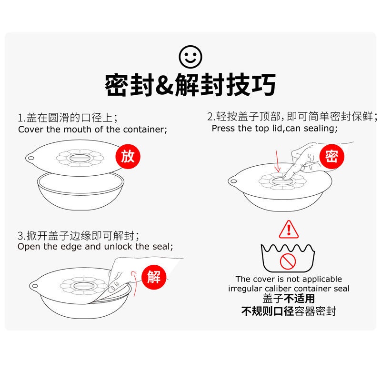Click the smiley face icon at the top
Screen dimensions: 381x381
point(190,57)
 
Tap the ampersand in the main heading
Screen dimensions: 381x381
point(164,85)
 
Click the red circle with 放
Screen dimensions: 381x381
point(128,156)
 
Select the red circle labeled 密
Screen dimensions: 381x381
point(331,156)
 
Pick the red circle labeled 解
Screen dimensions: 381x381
point(154,277)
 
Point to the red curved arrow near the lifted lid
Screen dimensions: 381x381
point(133,283)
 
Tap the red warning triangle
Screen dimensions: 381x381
point(289,229)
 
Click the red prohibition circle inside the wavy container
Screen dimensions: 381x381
point(288,261)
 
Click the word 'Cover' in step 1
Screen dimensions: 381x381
point(31,129)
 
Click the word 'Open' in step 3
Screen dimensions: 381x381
point(29,247)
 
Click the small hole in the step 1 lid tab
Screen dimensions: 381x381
point(31,158)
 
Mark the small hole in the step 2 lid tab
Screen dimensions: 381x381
point(233,181)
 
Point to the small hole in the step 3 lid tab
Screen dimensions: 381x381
point(34,286)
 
